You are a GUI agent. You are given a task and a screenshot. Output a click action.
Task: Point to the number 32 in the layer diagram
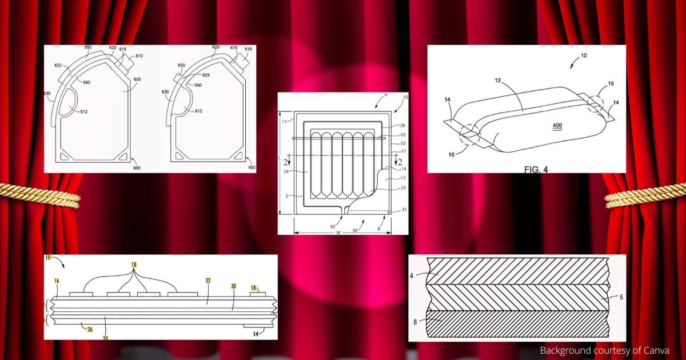209,281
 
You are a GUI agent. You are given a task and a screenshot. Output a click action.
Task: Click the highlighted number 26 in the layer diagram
90,329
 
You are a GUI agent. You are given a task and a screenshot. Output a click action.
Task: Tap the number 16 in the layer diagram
57,281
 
